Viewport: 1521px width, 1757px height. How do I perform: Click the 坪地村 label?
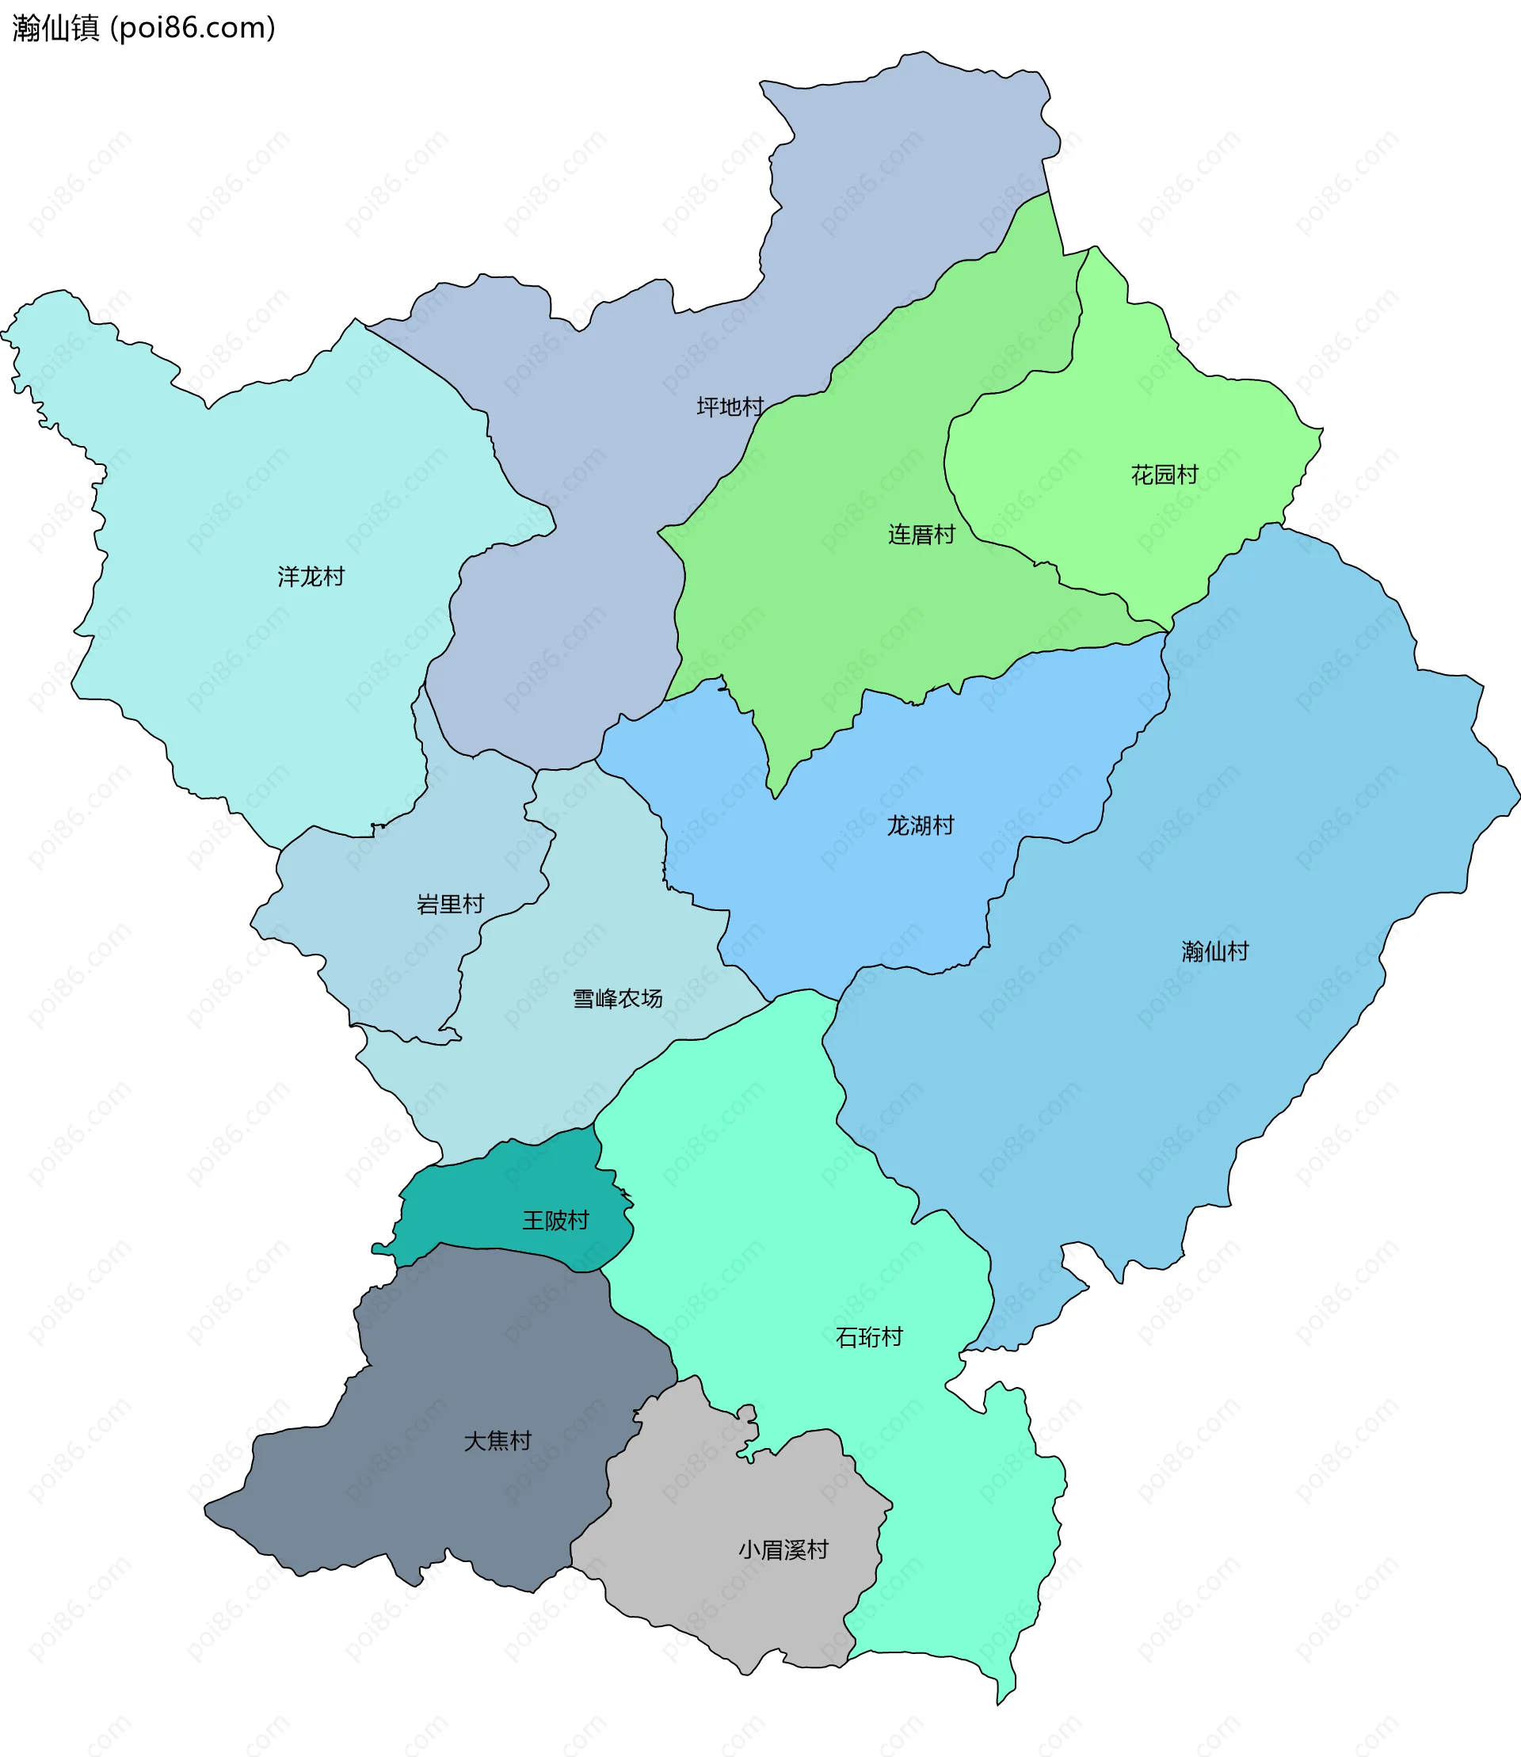[730, 407]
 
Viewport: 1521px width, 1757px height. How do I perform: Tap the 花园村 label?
[1164, 475]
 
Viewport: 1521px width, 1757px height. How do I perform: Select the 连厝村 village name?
[921, 535]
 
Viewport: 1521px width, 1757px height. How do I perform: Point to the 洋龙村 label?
[311, 577]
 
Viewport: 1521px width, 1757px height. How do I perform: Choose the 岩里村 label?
[450, 904]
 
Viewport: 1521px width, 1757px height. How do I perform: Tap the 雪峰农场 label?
[617, 998]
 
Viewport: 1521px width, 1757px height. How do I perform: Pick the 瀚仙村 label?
[1214, 951]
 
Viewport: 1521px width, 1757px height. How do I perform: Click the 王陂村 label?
[555, 1221]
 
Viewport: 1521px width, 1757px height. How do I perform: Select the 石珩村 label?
[868, 1338]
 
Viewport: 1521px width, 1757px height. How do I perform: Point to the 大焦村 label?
[497, 1440]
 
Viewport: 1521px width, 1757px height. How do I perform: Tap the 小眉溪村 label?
[783, 1550]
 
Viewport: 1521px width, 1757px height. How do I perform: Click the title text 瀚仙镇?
[56, 28]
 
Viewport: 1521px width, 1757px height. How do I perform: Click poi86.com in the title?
[193, 28]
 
